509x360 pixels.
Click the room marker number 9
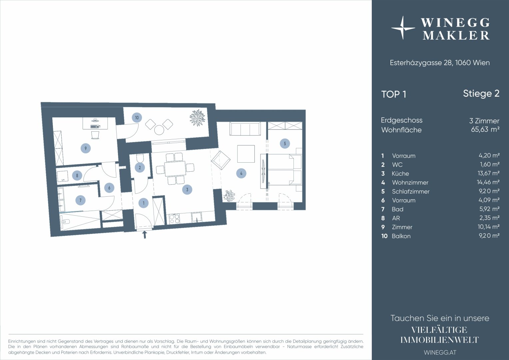[86, 148]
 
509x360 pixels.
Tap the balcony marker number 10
[137, 118]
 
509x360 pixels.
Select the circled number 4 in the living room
[241, 173]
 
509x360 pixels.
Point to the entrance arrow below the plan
[145, 235]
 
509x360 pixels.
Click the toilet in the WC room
[140, 158]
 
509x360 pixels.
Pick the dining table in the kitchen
[175, 169]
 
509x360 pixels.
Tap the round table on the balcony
[159, 130]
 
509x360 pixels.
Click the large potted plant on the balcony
[198, 117]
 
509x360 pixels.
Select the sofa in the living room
[245, 129]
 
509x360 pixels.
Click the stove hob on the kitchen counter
[174, 219]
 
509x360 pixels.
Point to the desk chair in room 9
[95, 135]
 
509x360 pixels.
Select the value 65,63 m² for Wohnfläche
[485, 129]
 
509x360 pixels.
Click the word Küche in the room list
[400, 174]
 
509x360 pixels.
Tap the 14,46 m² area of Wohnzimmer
[488, 182]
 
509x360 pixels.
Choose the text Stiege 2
[481, 93]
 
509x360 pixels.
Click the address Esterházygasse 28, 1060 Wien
[440, 63]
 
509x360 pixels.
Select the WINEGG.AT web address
[440, 352]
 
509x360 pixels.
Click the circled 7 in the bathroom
[80, 200]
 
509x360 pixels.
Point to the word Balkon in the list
[401, 236]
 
